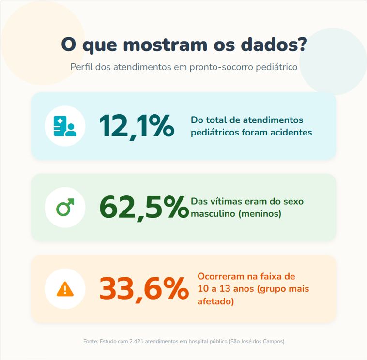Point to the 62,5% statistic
pyautogui.click(x=143, y=208)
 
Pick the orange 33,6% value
pyautogui.click(x=143, y=289)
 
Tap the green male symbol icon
pyautogui.click(x=65, y=208)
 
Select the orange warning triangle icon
pyautogui.click(x=65, y=289)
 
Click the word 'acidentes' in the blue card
pyautogui.click(x=292, y=132)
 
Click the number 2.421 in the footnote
pyautogui.click(x=137, y=341)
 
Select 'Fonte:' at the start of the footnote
pyautogui.click(x=91, y=341)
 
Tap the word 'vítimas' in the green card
pyautogui.click(x=225, y=201)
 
